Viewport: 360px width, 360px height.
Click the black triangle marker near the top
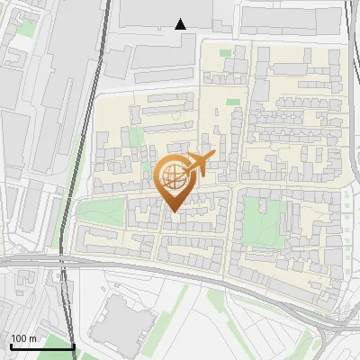point(181,24)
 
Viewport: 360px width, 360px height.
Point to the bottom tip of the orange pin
point(174,212)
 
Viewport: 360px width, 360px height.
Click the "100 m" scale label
point(23,338)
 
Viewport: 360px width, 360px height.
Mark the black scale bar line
point(41,346)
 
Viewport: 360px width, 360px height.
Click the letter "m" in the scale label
point(32,338)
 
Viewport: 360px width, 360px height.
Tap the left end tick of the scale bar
point(10,345)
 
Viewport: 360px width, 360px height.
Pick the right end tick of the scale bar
point(73,345)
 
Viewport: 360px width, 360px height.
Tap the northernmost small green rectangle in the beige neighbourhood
point(224,53)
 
